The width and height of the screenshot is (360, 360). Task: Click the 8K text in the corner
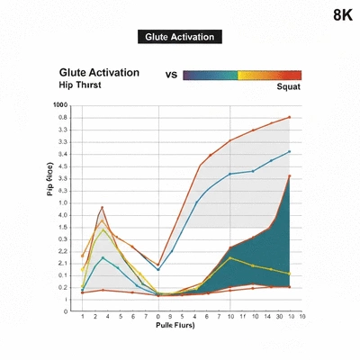click(342, 15)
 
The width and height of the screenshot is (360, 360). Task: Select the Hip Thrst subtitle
click(80, 85)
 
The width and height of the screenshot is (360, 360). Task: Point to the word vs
click(171, 76)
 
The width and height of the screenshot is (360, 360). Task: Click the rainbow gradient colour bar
click(241, 76)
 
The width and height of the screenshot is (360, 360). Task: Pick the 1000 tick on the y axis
click(60, 105)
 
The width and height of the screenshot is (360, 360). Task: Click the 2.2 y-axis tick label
click(61, 251)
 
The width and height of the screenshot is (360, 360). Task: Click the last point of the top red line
click(289, 117)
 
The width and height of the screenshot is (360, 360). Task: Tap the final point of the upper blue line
click(289, 151)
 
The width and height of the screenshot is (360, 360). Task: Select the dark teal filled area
click(265, 252)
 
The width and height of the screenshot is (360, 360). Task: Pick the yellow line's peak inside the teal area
click(231, 258)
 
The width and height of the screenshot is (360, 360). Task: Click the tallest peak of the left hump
click(103, 207)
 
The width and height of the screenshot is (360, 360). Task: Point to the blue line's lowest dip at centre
click(159, 270)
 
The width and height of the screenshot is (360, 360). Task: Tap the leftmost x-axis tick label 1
click(83, 317)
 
